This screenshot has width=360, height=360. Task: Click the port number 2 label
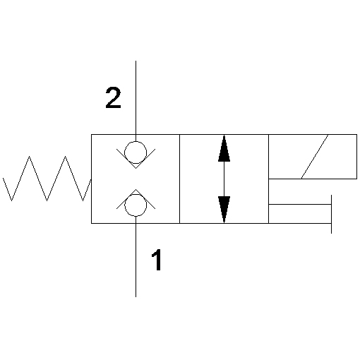click(113, 97)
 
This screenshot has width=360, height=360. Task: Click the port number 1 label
click(157, 260)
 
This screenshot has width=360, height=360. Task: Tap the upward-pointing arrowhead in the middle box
click(224, 148)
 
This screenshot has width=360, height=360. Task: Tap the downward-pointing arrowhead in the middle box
click(224, 210)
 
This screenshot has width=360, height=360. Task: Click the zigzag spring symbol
click(47, 179)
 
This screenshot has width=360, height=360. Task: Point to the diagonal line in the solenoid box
click(315, 157)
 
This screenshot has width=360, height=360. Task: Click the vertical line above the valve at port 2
click(136, 97)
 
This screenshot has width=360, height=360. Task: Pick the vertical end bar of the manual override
click(331, 214)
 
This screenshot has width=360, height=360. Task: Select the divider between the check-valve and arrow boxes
click(180, 179)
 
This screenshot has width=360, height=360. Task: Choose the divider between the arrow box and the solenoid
click(268, 179)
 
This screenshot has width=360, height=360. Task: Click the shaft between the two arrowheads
click(224, 179)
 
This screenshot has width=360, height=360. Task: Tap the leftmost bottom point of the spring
click(11, 200)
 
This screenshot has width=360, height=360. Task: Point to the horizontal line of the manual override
click(300, 205)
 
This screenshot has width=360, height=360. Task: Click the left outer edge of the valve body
click(91, 179)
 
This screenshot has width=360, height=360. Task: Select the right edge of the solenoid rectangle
click(356, 157)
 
